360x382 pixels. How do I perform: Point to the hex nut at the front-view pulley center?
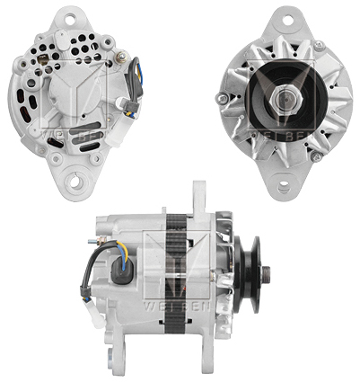coord(284,90)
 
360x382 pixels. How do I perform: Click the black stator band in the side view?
coord(176,270)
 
